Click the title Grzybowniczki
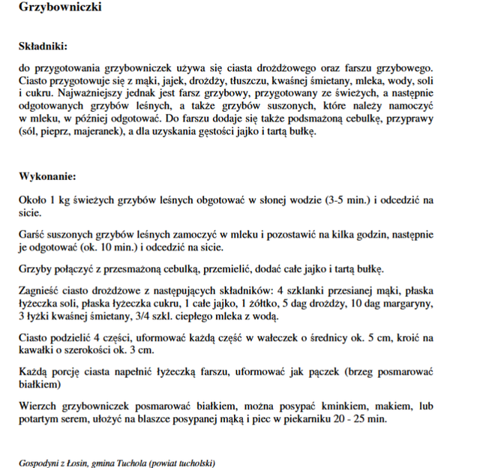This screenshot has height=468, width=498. click(61, 7)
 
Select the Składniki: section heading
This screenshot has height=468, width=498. click(43, 46)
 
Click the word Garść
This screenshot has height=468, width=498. click(32, 235)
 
